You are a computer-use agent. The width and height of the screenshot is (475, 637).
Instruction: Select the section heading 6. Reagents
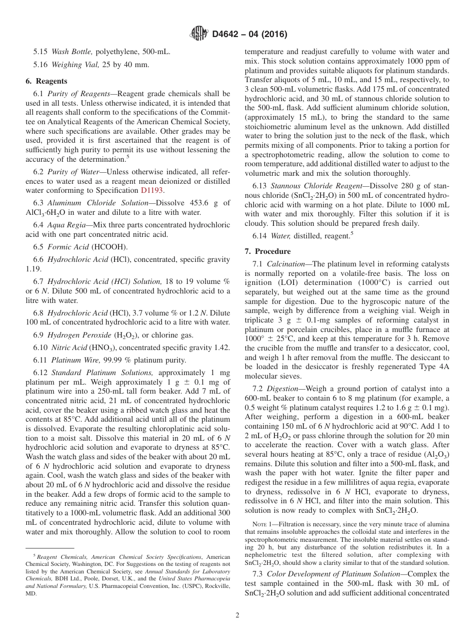point(46,81)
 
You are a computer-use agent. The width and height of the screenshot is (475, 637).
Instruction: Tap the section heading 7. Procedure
point(267,251)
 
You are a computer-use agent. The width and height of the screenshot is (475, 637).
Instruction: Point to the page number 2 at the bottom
point(237,615)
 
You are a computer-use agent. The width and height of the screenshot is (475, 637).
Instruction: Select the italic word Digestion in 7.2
point(283,388)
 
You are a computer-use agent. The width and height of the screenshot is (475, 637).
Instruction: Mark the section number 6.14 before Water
point(259,235)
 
